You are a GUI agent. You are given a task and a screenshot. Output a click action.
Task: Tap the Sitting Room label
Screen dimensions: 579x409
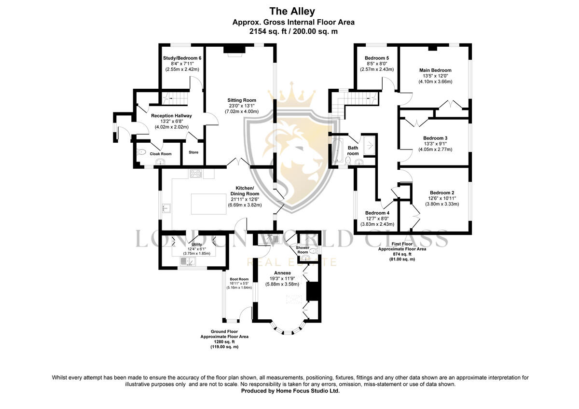pos(242,100)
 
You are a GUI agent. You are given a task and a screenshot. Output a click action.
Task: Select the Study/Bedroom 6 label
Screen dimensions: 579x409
pos(182,58)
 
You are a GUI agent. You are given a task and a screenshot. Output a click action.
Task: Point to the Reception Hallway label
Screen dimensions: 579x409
pos(171,116)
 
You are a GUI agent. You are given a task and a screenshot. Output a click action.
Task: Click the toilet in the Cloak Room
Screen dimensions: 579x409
pos(141,152)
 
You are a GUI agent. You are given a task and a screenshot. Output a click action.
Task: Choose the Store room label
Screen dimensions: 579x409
pos(193,152)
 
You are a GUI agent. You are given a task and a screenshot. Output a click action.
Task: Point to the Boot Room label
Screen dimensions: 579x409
pos(239,279)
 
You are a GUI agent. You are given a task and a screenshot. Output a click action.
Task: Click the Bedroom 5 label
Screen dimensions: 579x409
pos(377,58)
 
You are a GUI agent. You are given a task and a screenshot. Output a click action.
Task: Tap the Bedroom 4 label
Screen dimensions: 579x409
pos(377,213)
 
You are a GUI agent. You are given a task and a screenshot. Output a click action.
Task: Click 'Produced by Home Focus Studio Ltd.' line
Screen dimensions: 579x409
pos(290,391)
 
